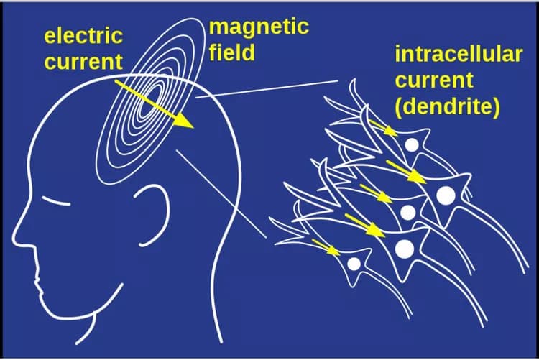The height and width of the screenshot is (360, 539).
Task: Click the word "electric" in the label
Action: (x=83, y=36)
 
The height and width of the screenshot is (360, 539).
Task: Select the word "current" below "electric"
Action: (x=83, y=61)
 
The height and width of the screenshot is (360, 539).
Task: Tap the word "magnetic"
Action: (x=259, y=27)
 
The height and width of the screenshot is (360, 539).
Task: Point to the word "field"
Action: (x=232, y=52)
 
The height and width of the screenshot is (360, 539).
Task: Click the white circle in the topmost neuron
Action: (x=412, y=144)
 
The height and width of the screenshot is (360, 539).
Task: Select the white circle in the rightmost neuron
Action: (x=446, y=194)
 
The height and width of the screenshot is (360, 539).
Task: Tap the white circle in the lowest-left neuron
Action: (x=354, y=264)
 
